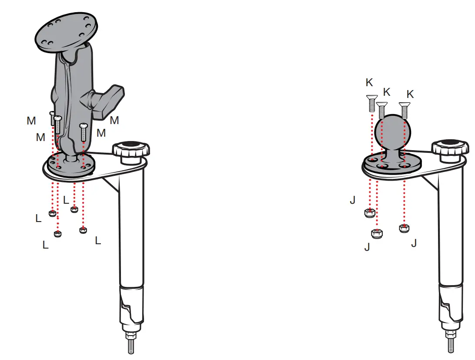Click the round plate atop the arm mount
pyautogui.click(x=67, y=32)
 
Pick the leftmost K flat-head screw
pyautogui.click(x=372, y=104)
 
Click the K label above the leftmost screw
pyautogui.click(x=369, y=83)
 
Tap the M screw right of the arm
pyautogui.click(x=84, y=132)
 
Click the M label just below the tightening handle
pyautogui.click(x=114, y=121)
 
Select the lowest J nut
pyautogui.click(x=377, y=233)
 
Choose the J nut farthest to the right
pyautogui.click(x=405, y=228)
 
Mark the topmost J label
pyautogui.click(x=352, y=200)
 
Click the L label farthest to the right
pyautogui.click(x=98, y=240)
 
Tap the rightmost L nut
pyautogui.click(x=83, y=230)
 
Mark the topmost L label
pyautogui.click(x=66, y=200)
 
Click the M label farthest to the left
pyautogui.click(x=31, y=121)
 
